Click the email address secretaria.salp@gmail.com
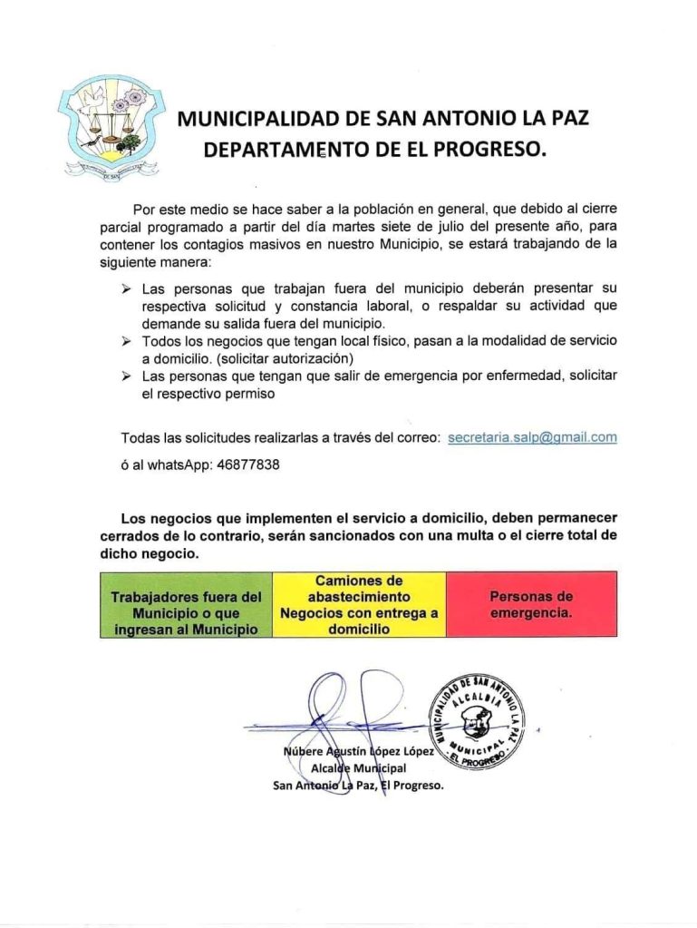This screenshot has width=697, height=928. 532,437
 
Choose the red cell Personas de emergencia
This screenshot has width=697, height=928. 531,604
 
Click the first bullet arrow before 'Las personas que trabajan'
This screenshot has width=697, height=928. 127,290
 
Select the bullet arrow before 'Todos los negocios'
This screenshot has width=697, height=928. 127,340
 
